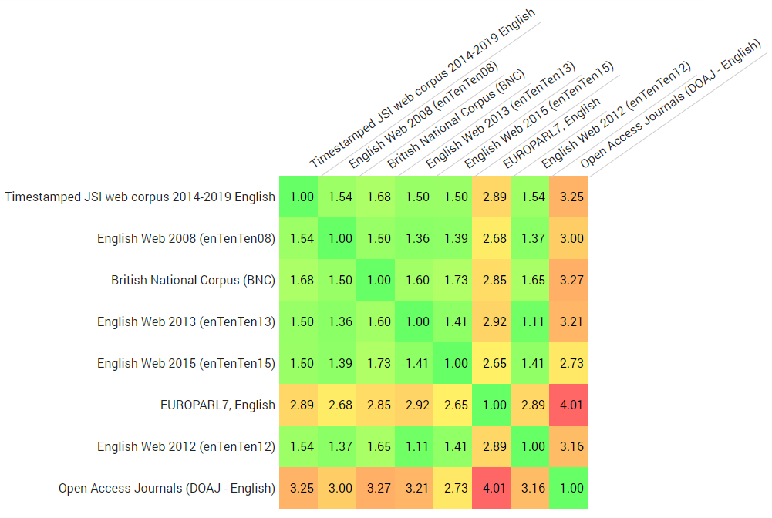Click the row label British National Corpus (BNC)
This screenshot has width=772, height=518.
click(193, 280)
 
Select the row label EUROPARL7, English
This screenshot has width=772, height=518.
click(217, 405)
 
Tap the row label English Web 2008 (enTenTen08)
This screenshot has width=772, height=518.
click(186, 238)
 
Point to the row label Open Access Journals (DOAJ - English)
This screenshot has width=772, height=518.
click(167, 488)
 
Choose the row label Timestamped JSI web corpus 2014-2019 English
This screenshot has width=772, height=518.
click(140, 197)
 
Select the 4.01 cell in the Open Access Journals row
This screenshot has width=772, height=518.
click(494, 488)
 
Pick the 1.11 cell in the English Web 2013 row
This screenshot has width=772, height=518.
click(533, 321)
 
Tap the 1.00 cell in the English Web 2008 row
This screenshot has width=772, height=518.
click(340, 238)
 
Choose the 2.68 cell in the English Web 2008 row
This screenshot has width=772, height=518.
click(494, 238)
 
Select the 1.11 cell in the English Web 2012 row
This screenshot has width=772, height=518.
click(417, 446)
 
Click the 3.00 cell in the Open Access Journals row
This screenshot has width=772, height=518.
click(340, 488)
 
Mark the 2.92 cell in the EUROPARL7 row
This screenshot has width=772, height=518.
click(417, 405)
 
